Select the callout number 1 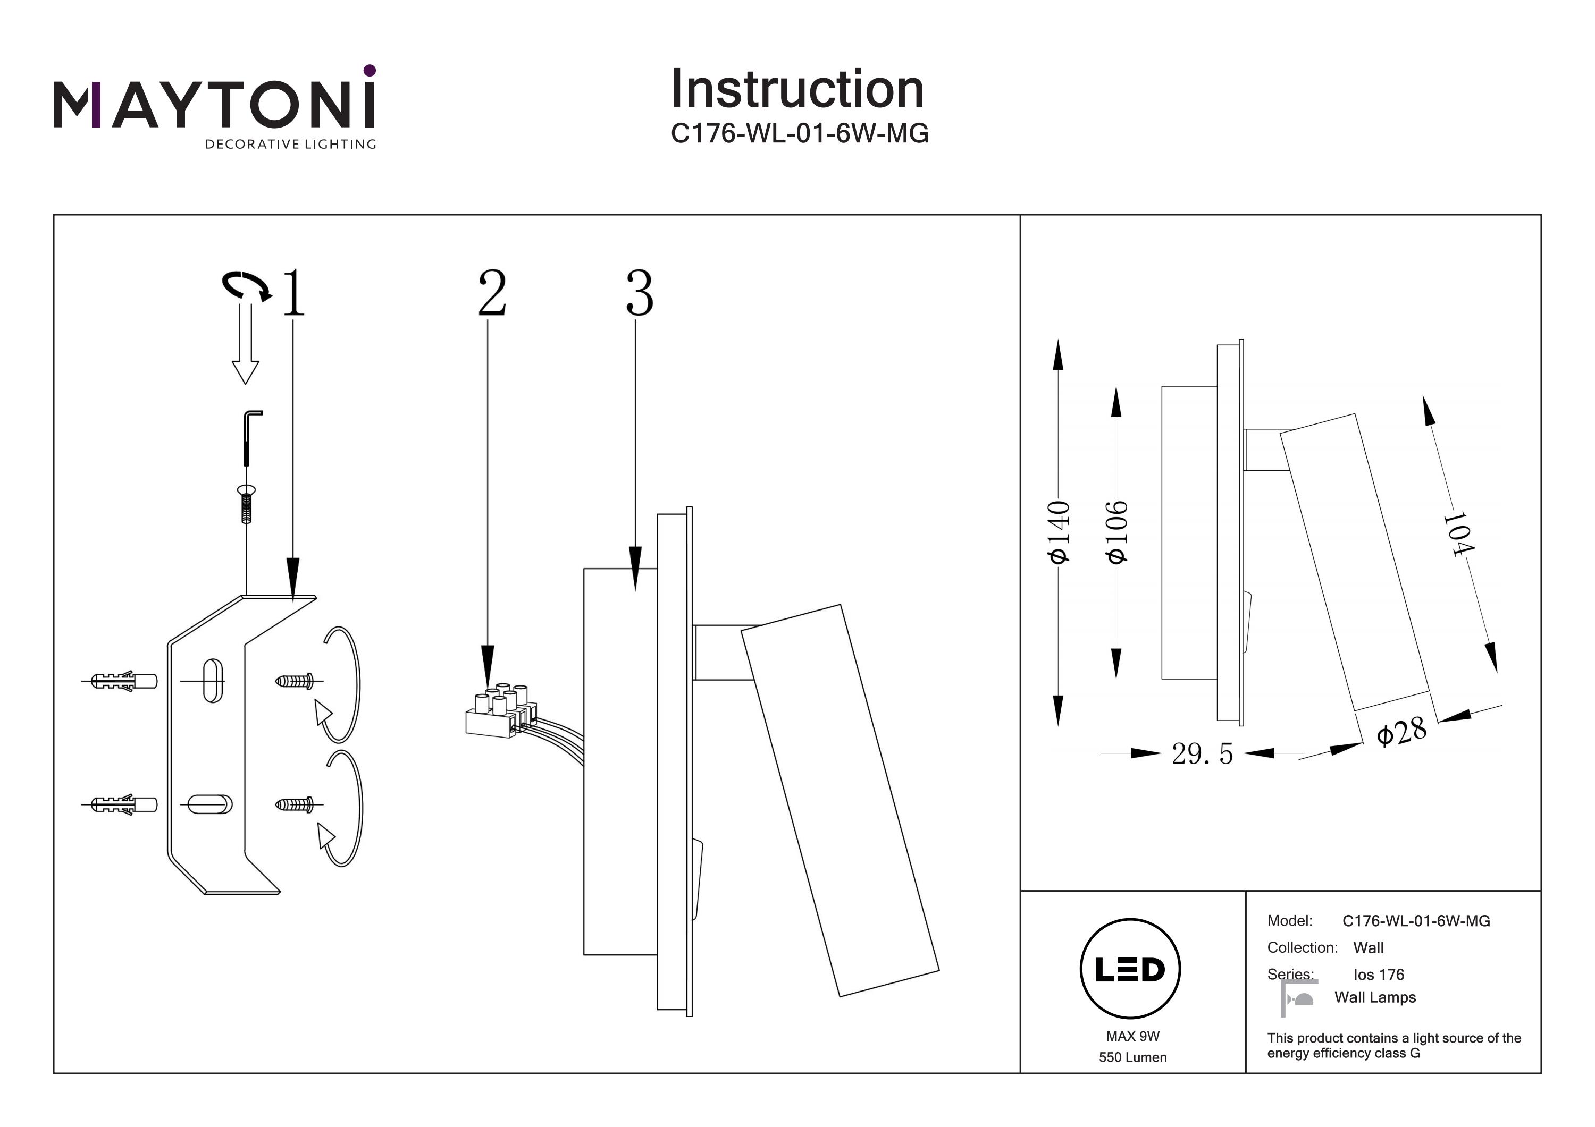click(x=294, y=293)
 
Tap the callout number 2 click(x=492, y=293)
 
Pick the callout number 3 click(x=639, y=293)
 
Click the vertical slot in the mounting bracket click(x=213, y=681)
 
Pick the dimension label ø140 click(x=1059, y=531)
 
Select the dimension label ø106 click(x=1116, y=531)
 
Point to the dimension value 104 click(x=1457, y=534)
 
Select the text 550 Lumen click(x=1132, y=1057)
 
